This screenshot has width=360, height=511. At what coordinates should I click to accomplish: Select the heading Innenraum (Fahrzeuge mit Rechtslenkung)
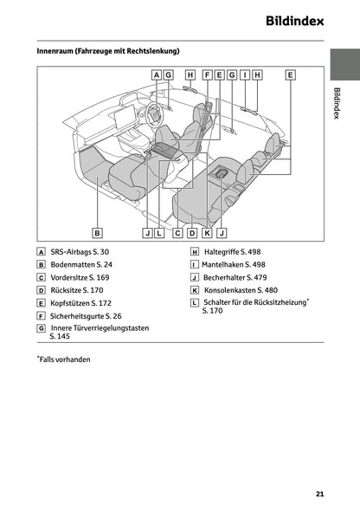click(108, 51)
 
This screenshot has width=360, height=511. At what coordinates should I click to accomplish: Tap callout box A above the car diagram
click(156, 75)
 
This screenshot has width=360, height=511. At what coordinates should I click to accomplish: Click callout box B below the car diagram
click(98, 232)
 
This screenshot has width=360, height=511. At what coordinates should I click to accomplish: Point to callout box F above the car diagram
click(208, 75)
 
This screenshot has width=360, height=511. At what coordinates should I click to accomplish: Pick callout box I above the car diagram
click(245, 75)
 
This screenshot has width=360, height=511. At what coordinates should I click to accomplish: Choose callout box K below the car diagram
click(207, 232)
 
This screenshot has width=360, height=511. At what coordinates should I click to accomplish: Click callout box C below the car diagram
click(177, 232)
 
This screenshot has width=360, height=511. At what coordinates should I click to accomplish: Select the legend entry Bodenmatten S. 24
click(81, 264)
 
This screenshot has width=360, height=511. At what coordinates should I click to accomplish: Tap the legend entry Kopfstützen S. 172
click(81, 304)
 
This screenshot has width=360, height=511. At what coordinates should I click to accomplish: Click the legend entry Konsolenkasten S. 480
click(240, 291)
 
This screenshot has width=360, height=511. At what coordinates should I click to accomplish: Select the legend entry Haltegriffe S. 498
click(234, 251)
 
